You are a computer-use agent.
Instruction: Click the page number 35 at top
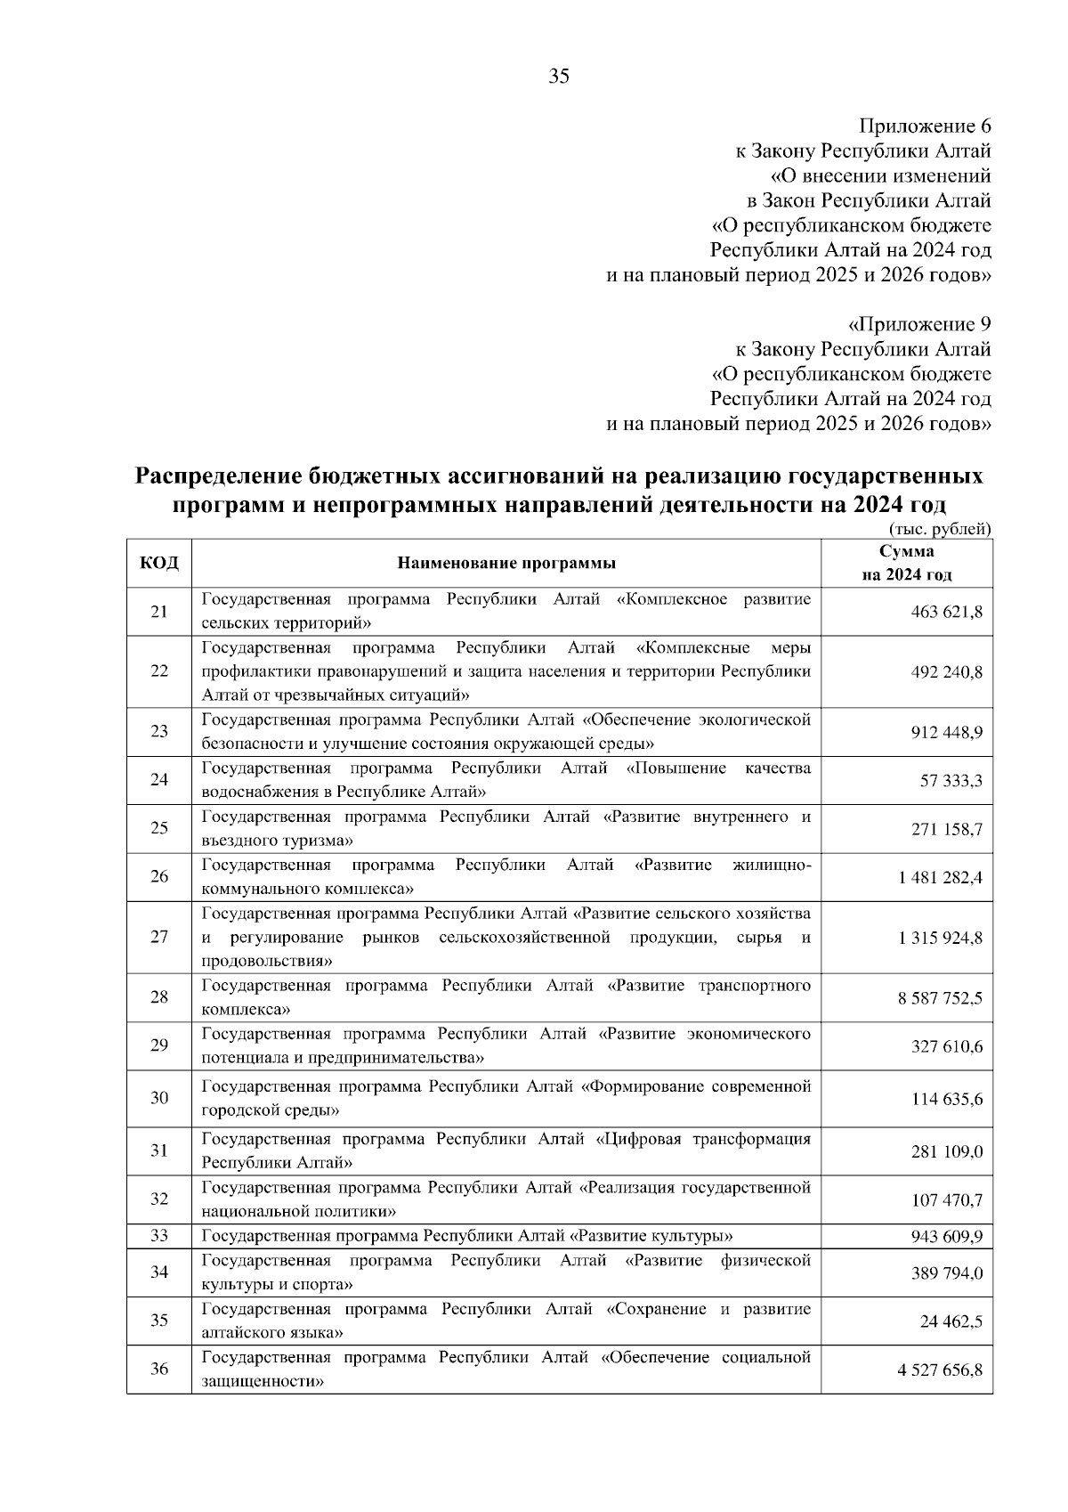(x=559, y=76)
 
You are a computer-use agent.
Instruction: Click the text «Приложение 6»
(x=924, y=126)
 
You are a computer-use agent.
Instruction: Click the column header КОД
(x=159, y=563)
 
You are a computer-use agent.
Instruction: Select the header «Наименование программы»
(x=506, y=563)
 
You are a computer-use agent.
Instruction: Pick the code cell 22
(x=159, y=671)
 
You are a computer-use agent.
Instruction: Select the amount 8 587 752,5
(x=940, y=998)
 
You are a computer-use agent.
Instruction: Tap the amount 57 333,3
(x=951, y=781)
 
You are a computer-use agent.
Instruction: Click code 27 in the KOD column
(x=159, y=938)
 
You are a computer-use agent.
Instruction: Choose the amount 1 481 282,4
(x=940, y=878)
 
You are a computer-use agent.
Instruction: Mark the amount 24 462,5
(x=951, y=1321)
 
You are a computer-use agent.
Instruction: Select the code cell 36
(x=159, y=1370)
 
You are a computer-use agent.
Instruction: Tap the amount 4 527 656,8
(x=940, y=1370)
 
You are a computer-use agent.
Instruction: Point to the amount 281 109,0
(x=946, y=1152)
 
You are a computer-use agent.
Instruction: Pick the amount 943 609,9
(x=946, y=1237)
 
